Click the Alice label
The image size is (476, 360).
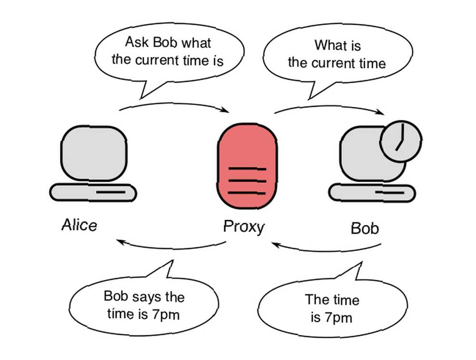tap(79, 225)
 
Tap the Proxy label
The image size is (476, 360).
tap(244, 227)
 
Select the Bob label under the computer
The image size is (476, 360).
tap(365, 228)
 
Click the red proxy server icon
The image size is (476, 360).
tap(247, 166)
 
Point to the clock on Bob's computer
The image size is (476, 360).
tap(401, 141)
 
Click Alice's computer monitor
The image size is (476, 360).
tap(94, 154)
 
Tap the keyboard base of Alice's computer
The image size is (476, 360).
tap(93, 193)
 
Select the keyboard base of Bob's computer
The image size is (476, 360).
tap(372, 193)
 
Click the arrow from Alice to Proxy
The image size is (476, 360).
tap(174, 105)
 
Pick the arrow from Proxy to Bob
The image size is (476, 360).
tap(329, 107)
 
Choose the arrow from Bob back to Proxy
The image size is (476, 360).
tap(327, 251)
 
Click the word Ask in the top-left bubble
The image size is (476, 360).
tap(137, 42)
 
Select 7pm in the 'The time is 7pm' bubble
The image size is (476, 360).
tap(338, 318)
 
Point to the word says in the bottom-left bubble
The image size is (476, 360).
tap(145, 297)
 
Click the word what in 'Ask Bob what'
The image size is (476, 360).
tap(196, 43)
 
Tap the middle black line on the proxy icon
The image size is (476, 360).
tap(248, 181)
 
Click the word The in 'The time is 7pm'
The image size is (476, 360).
tap(316, 300)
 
